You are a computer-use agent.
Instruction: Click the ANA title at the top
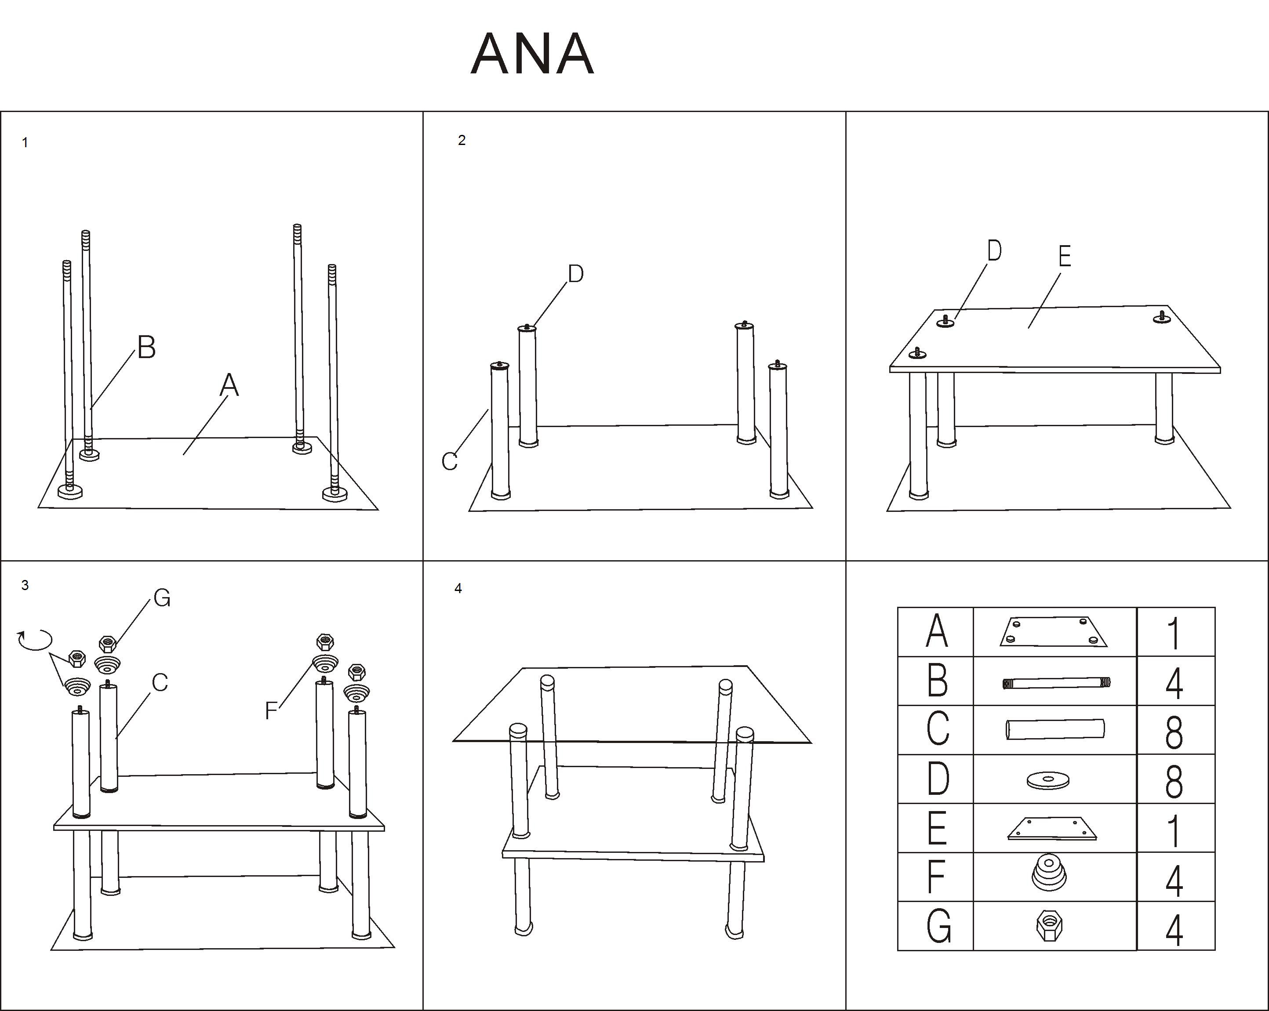[532, 54]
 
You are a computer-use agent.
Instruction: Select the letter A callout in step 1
[229, 385]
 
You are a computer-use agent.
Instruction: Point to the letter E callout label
[1064, 256]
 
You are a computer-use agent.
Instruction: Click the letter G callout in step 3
[162, 598]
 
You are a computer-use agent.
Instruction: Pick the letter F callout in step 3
[271, 711]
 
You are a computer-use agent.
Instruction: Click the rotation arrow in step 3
[35, 639]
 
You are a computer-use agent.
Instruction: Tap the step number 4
[458, 588]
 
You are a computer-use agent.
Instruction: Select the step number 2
[462, 140]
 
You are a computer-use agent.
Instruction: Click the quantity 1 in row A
[1174, 633]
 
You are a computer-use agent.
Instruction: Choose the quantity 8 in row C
[1174, 732]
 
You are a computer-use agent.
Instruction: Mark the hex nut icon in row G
[1049, 926]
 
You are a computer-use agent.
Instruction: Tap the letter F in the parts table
[936, 877]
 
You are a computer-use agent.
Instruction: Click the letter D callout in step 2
[576, 274]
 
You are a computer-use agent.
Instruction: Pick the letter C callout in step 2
[450, 461]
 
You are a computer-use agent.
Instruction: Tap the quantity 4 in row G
[1174, 930]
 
